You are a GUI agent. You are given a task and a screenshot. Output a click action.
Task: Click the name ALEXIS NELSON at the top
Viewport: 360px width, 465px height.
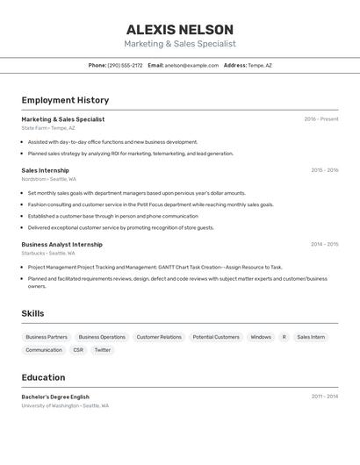(x=179, y=30)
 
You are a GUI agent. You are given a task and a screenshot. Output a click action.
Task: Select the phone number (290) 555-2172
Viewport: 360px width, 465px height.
(x=125, y=65)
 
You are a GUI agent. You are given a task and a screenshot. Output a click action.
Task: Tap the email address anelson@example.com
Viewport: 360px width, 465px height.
(x=191, y=65)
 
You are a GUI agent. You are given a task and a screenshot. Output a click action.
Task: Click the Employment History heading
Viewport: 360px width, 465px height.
(x=65, y=100)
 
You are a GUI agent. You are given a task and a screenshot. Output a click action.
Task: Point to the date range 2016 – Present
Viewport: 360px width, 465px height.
(x=320, y=119)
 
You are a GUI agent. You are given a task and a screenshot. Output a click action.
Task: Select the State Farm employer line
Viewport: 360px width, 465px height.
(x=48, y=128)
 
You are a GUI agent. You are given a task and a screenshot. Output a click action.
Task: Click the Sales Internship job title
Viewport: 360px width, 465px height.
(x=45, y=170)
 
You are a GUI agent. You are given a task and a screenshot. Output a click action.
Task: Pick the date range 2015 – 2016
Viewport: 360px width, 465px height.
(x=324, y=170)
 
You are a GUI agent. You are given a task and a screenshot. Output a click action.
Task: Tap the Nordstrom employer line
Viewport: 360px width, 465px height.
(x=48, y=179)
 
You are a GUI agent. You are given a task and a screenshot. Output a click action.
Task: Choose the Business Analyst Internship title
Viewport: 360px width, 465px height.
(x=61, y=245)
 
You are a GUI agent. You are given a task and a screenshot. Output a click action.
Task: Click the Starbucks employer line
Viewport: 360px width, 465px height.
(x=48, y=254)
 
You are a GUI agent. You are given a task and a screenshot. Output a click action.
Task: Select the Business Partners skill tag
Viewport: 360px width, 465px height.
(x=47, y=337)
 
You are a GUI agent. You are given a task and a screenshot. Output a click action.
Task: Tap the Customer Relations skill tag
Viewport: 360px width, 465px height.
(x=159, y=337)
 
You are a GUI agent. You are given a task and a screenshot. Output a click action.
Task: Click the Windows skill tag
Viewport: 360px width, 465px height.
(x=261, y=337)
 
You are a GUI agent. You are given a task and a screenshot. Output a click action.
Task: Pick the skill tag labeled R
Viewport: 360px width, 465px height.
(x=284, y=337)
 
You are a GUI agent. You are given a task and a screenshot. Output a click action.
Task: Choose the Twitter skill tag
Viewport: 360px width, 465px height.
(x=103, y=350)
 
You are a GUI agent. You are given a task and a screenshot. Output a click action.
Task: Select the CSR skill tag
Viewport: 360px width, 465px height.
(x=78, y=350)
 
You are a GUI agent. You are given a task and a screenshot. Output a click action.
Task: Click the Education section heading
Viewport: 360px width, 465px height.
(x=43, y=377)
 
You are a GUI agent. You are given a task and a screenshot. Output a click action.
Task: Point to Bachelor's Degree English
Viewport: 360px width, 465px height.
(x=55, y=397)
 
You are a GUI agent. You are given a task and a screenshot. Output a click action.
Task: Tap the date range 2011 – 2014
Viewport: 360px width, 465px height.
(x=324, y=397)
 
